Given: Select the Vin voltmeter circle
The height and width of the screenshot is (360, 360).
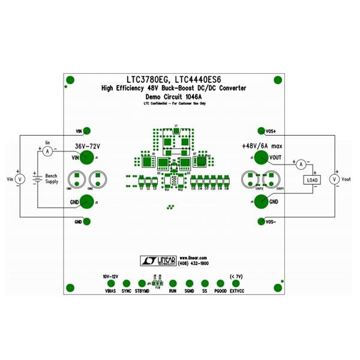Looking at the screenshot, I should click(19, 179).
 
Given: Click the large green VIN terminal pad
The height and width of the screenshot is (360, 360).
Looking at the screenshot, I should click(86, 158).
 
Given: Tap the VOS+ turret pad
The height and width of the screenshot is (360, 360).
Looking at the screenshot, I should click(260, 130).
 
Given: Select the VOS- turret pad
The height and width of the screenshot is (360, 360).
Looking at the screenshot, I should click(260, 221).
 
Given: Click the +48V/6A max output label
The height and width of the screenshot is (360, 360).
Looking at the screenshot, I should click(261, 146).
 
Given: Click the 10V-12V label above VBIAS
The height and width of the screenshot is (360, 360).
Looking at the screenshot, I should click(109, 275).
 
